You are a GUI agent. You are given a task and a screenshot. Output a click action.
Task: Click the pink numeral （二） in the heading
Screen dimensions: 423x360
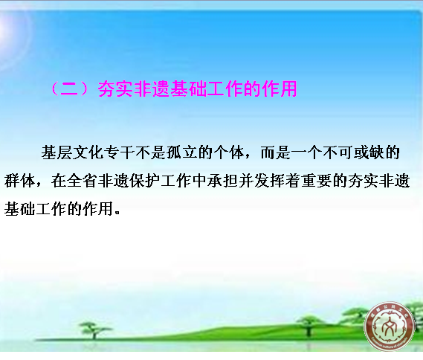click(x=70, y=89)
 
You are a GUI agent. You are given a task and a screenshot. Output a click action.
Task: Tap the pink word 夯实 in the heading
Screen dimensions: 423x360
click(x=116, y=89)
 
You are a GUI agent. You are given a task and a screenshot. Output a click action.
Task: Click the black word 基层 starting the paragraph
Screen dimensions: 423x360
click(x=56, y=152)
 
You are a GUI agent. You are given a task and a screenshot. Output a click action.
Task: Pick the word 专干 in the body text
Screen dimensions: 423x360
click(x=120, y=152)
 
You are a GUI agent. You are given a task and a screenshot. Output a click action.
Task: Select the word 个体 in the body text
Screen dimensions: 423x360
click(x=229, y=152)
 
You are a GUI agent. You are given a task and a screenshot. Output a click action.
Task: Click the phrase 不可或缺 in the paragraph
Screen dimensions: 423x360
click(x=353, y=152)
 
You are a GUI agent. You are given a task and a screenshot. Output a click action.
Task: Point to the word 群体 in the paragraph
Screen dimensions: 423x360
click(x=19, y=181)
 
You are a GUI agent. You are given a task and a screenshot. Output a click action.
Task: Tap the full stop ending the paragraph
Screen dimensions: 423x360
click(x=117, y=212)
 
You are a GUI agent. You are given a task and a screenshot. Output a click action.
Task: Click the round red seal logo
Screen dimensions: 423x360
click(x=390, y=327)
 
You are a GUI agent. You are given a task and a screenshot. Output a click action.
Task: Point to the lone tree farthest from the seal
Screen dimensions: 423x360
click(x=94, y=330)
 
